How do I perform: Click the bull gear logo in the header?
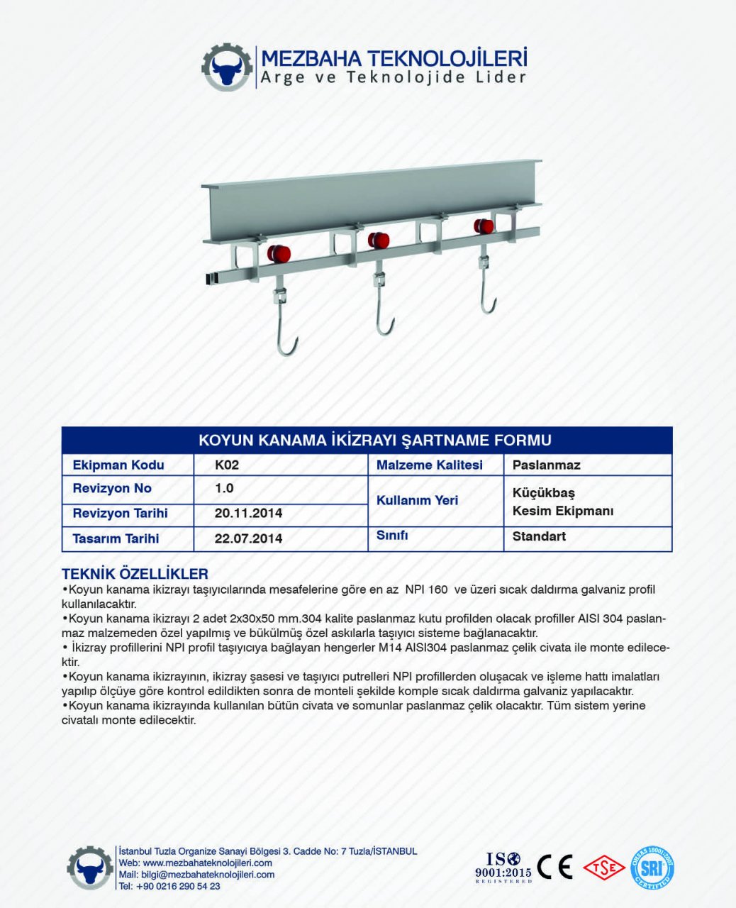point(227,68)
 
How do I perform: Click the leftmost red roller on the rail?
point(279,254)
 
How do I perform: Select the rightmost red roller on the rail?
point(484,226)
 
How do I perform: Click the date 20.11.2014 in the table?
point(248,514)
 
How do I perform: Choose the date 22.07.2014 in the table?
point(248,538)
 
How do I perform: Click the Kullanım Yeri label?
point(417,501)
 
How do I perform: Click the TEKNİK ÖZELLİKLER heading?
point(135,574)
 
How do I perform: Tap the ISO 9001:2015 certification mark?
point(503,868)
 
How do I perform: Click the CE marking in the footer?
point(554,867)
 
